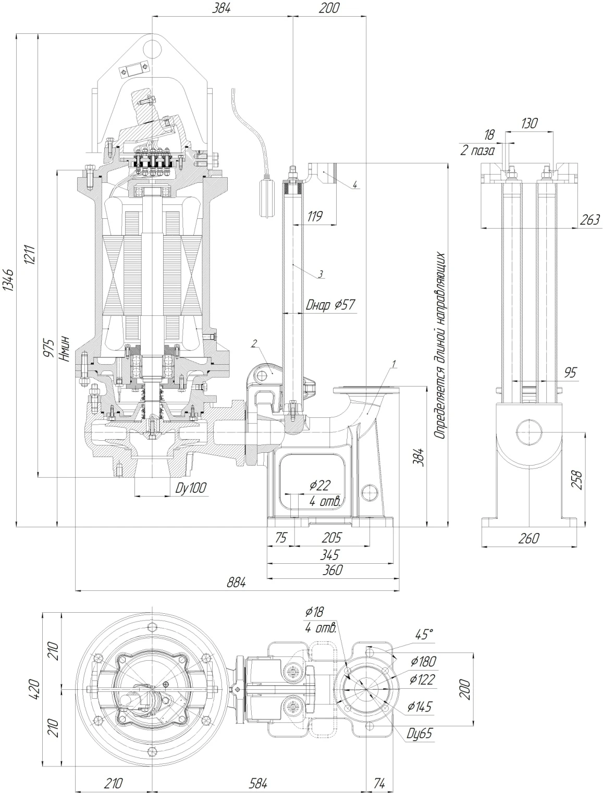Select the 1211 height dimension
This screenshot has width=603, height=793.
30,254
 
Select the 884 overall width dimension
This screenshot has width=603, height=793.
237,583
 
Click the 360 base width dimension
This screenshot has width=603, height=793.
332,570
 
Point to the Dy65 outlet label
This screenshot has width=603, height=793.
420,733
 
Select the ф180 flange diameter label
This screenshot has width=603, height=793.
423,662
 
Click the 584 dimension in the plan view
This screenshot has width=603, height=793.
258,783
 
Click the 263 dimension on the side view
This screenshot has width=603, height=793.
590,219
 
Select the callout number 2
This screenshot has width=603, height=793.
254,343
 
